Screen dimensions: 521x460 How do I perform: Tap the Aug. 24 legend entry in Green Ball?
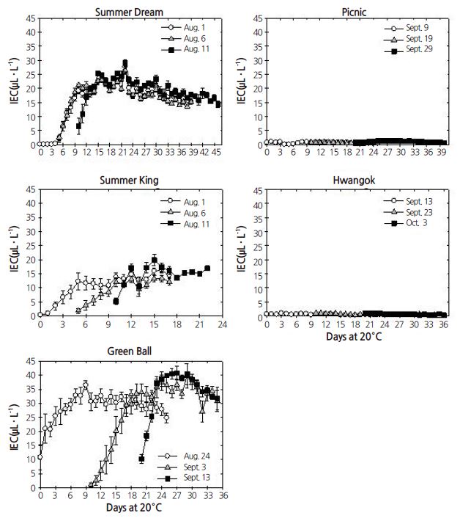(189, 456)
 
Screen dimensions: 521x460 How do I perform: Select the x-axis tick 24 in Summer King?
(222, 323)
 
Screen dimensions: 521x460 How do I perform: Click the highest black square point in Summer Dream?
(125, 63)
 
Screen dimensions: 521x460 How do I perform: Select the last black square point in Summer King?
(207, 268)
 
